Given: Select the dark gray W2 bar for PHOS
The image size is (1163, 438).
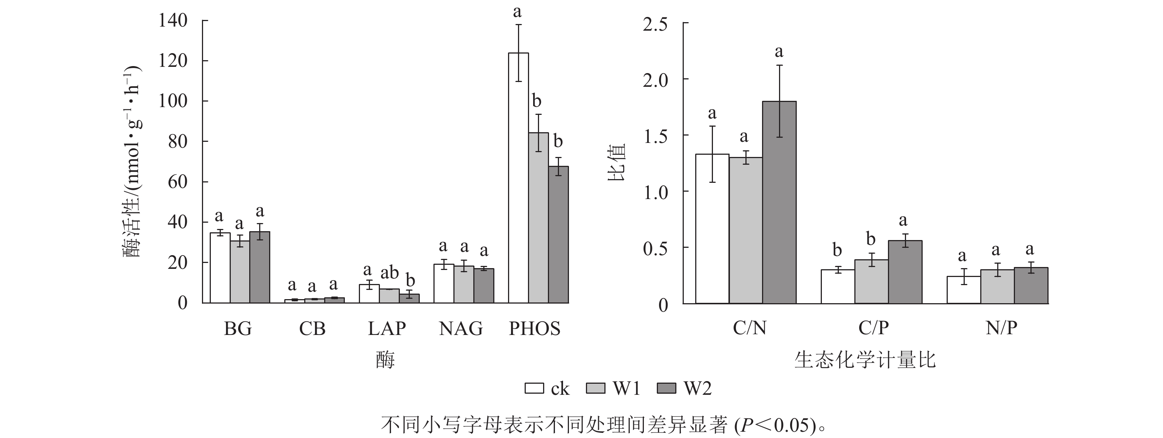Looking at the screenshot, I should tap(559, 235).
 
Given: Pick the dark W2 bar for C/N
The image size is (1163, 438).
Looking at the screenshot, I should tap(779, 202).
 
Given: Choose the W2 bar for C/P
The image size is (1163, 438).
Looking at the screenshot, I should tap(905, 272).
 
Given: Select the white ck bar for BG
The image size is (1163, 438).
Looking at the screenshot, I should tap(220, 268).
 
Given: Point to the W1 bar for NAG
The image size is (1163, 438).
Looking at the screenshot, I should tap(464, 284).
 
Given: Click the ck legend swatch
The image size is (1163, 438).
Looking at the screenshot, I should tap(534, 389).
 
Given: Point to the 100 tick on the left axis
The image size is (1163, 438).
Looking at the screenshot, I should tap(173, 101).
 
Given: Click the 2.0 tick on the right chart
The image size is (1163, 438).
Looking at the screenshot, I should tap(655, 80).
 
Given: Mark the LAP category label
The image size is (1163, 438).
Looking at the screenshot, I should tap(387, 329).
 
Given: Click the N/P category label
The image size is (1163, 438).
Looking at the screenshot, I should tap(1001, 328).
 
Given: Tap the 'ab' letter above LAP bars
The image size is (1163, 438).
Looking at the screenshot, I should tap(389, 272).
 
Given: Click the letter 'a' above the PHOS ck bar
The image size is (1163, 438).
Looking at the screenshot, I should tap(517, 11).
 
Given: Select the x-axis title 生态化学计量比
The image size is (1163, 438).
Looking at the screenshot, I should tap(865, 360).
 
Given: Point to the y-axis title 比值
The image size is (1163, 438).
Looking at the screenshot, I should tap(616, 162).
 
